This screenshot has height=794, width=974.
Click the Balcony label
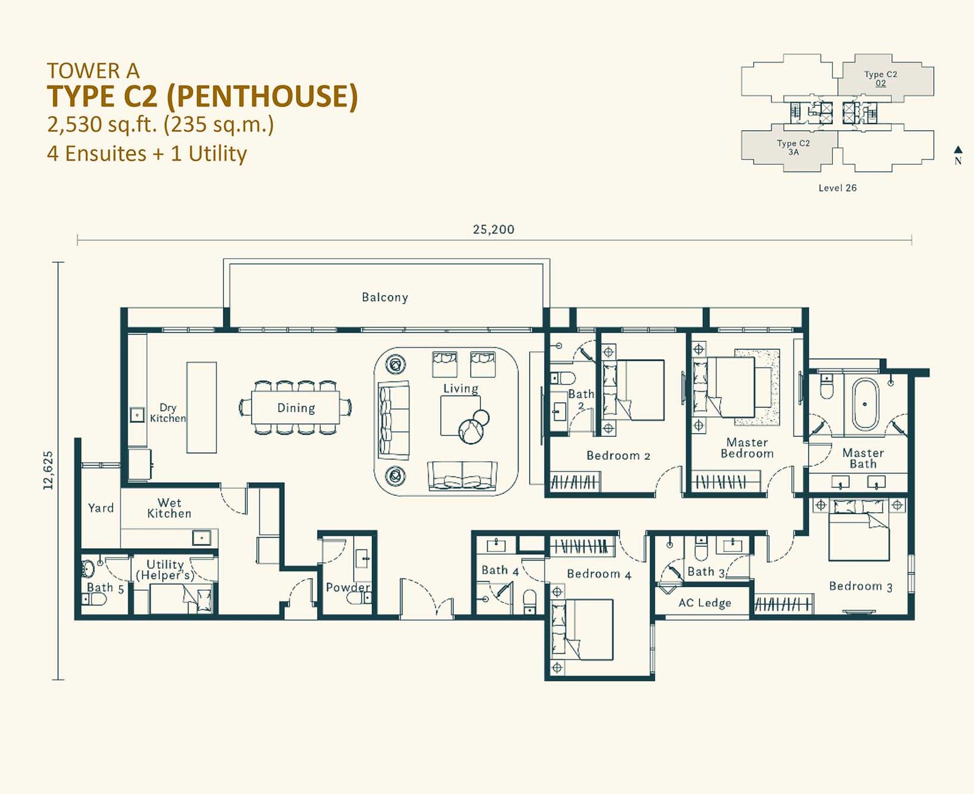tap(385, 298)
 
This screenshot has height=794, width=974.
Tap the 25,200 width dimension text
tap(493, 229)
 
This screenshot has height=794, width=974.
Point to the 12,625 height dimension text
tap(48, 470)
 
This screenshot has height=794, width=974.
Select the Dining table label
tap(296, 408)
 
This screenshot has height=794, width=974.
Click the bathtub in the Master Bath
tap(864, 405)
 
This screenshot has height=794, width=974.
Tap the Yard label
tap(100, 508)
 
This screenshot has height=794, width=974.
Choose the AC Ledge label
tap(705, 603)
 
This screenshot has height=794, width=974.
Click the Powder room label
tap(348, 587)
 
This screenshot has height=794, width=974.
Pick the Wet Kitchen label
tap(169, 508)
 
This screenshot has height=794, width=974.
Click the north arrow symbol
tap(958, 150)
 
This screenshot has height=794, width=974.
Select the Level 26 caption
tap(837, 188)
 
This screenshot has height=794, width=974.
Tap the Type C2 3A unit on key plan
tap(793, 148)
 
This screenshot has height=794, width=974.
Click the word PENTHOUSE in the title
tap(262, 96)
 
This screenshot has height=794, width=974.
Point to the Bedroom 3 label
tap(861, 587)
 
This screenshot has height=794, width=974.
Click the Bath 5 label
tap(105, 588)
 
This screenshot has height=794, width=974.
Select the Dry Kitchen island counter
tap(201, 408)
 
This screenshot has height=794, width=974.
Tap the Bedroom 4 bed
tap(582, 630)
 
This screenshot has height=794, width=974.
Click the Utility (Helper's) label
tap(165, 569)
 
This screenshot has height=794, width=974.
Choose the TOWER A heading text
tap(93, 71)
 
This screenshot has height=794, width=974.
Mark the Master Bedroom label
tap(747, 448)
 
